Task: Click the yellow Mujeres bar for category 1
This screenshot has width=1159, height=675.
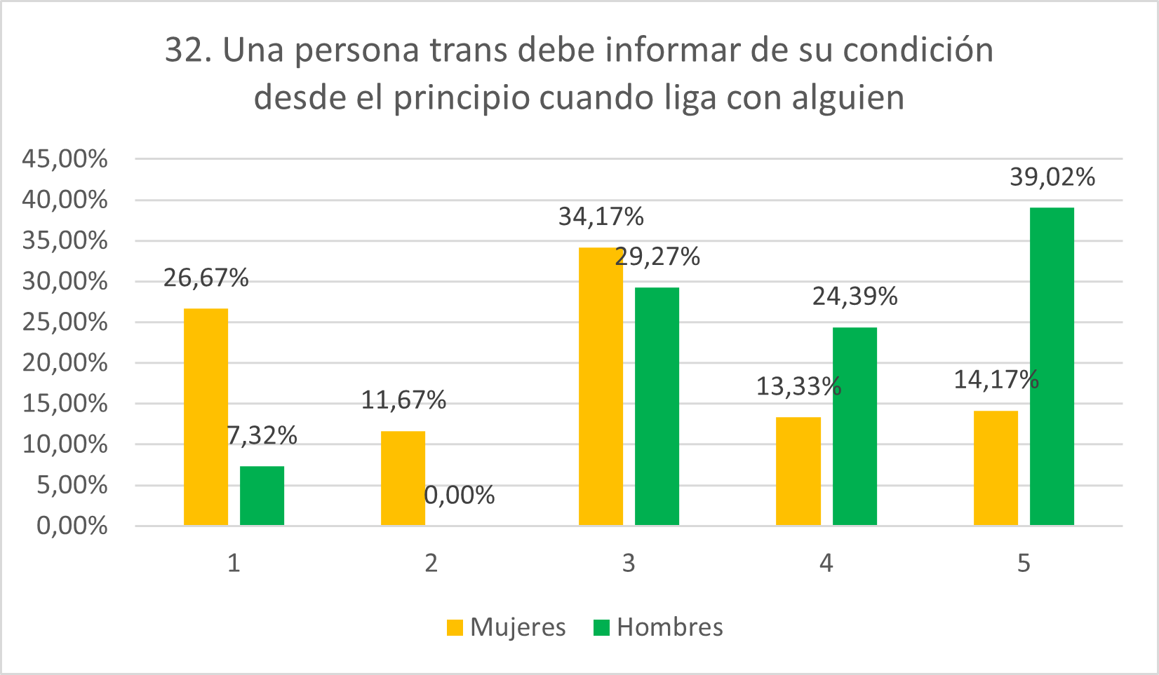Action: pos(206,416)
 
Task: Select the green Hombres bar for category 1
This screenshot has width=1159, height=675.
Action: pos(262,496)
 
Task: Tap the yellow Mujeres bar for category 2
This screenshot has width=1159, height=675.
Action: pos(403,478)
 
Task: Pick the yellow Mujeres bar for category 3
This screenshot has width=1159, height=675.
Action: pos(601,386)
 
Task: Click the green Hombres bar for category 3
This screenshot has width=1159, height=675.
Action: pos(657,407)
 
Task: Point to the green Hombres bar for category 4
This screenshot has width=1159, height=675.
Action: pos(855,426)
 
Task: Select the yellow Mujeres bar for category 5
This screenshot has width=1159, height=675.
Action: pos(996,468)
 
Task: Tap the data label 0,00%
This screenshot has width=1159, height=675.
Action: pos(460,496)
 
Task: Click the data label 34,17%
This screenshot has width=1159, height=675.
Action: pos(601,217)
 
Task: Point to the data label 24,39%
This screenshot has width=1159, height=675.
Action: pos(855,297)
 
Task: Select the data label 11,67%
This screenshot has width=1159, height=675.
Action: pos(403,400)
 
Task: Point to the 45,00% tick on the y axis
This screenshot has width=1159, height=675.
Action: pos(65,159)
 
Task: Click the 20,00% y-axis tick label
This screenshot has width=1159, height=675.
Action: pos(65,363)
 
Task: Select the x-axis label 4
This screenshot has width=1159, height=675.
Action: pos(826,563)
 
